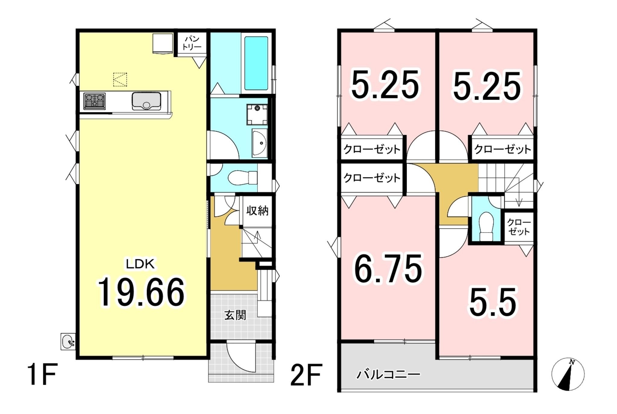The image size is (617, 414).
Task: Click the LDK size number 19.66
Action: click(141, 292)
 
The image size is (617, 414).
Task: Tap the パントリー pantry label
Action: click(192, 43)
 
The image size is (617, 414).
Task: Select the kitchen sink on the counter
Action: click(146, 101)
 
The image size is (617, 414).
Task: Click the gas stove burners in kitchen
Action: click(95, 101)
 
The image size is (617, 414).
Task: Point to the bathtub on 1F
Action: click(256, 63)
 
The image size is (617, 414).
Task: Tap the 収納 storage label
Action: click(257, 211)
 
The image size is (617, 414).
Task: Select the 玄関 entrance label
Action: click(235, 315)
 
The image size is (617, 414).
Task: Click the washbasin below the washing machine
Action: click(259, 143)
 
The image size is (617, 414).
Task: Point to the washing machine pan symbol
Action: click(257, 114)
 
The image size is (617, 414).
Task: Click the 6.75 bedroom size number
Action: click(388, 269)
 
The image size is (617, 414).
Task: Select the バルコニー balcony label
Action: click(388, 375)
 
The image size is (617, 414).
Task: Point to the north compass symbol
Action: click(568, 374)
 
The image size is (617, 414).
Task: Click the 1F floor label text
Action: click(42, 374)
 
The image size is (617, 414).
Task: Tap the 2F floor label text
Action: click(306, 375)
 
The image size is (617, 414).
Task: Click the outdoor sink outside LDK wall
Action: click(68, 341)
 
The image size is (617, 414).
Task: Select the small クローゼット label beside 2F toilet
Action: click(518, 227)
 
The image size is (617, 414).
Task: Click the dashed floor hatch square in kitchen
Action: click(120, 80)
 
